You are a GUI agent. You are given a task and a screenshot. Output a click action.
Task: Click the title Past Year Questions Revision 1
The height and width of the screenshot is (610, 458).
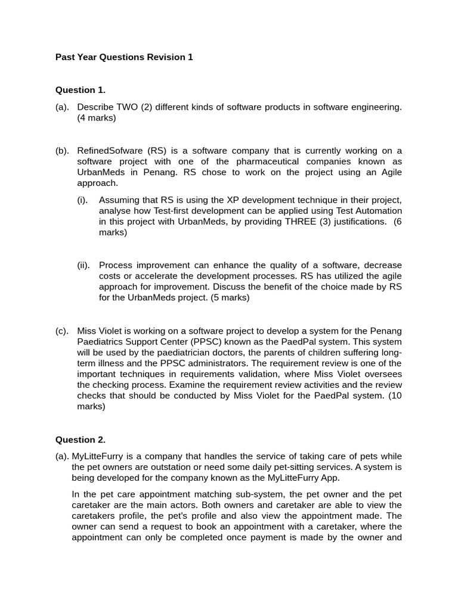(x=124, y=57)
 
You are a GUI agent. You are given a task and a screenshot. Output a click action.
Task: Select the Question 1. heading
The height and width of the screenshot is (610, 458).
(x=81, y=90)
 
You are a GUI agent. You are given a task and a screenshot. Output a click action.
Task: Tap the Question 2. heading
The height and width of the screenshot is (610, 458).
(x=81, y=440)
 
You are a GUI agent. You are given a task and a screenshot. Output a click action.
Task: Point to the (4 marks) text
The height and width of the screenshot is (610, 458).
(x=97, y=118)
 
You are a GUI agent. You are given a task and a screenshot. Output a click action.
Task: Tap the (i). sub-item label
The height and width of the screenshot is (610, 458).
(x=82, y=200)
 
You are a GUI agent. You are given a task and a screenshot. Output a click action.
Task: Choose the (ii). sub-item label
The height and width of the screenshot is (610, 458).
(x=83, y=265)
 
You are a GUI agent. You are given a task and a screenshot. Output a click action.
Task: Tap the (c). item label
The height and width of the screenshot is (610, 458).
(x=62, y=331)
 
